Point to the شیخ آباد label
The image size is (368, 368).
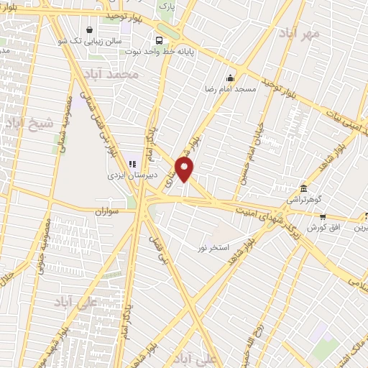click(x=29, y=124)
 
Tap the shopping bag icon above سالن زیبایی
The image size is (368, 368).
click(x=88, y=29)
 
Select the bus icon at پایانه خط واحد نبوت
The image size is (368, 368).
click(x=158, y=41)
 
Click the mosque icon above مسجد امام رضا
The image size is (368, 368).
click(x=230, y=78)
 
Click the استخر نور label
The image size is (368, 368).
click(x=214, y=247)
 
